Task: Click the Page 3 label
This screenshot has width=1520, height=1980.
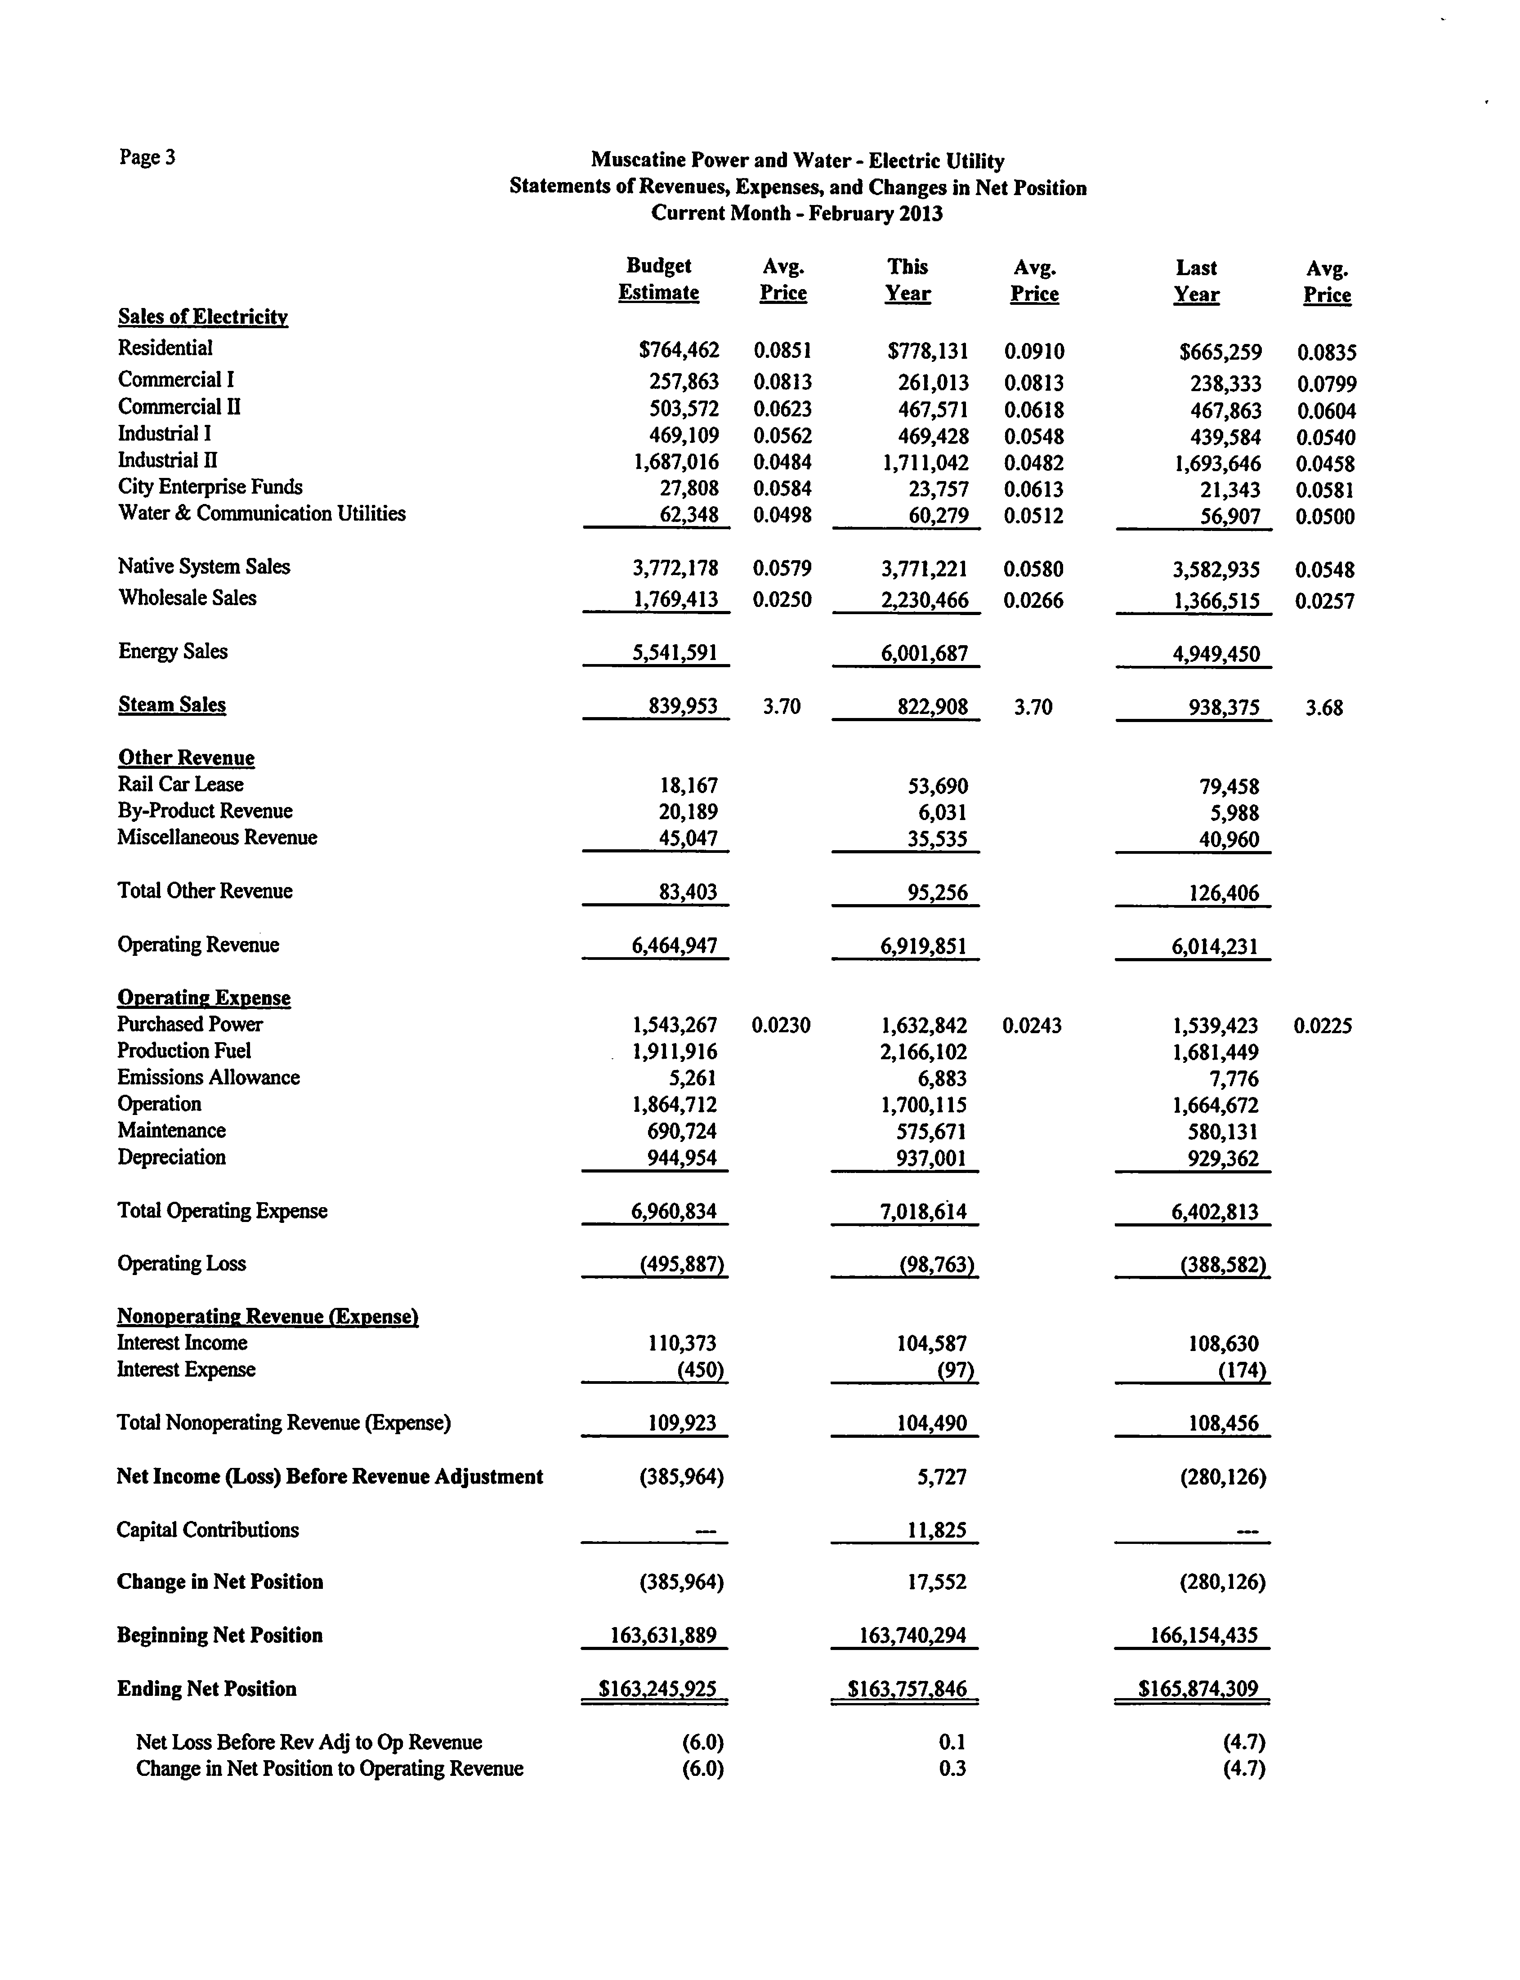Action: (x=147, y=157)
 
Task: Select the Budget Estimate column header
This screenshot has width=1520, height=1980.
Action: (x=659, y=280)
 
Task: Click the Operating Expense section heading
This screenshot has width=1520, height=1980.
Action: (x=204, y=998)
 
